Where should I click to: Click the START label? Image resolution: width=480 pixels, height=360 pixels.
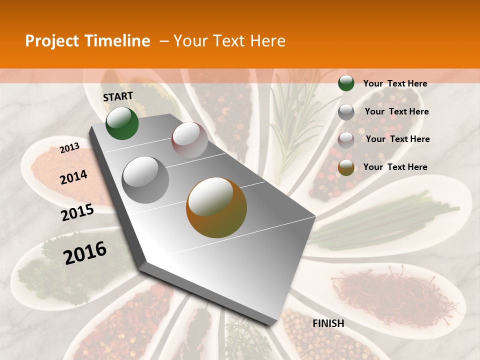point(118,96)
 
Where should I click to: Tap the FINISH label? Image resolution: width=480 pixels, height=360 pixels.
point(328,323)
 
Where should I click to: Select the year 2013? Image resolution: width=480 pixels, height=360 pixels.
point(69,148)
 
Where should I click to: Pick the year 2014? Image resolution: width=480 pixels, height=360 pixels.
point(73,177)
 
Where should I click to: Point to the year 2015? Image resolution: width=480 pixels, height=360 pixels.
point(77,212)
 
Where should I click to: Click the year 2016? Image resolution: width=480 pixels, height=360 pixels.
point(85,252)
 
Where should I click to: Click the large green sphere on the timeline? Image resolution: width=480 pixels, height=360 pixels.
point(122,123)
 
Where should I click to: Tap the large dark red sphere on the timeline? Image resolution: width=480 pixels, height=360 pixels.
point(189,140)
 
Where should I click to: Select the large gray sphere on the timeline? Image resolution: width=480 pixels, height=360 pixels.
point(145,179)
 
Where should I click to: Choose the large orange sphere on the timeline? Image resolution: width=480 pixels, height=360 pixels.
point(216,207)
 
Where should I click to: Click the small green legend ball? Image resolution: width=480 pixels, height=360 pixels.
point(346,83)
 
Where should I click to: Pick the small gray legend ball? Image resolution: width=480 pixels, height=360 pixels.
point(346,112)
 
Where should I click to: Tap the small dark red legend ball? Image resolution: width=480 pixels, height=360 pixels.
point(346,140)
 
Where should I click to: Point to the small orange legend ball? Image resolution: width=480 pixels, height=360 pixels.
point(346,167)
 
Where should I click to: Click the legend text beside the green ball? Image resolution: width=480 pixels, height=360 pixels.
point(395,84)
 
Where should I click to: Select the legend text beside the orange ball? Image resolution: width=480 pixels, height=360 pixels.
point(395,167)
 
